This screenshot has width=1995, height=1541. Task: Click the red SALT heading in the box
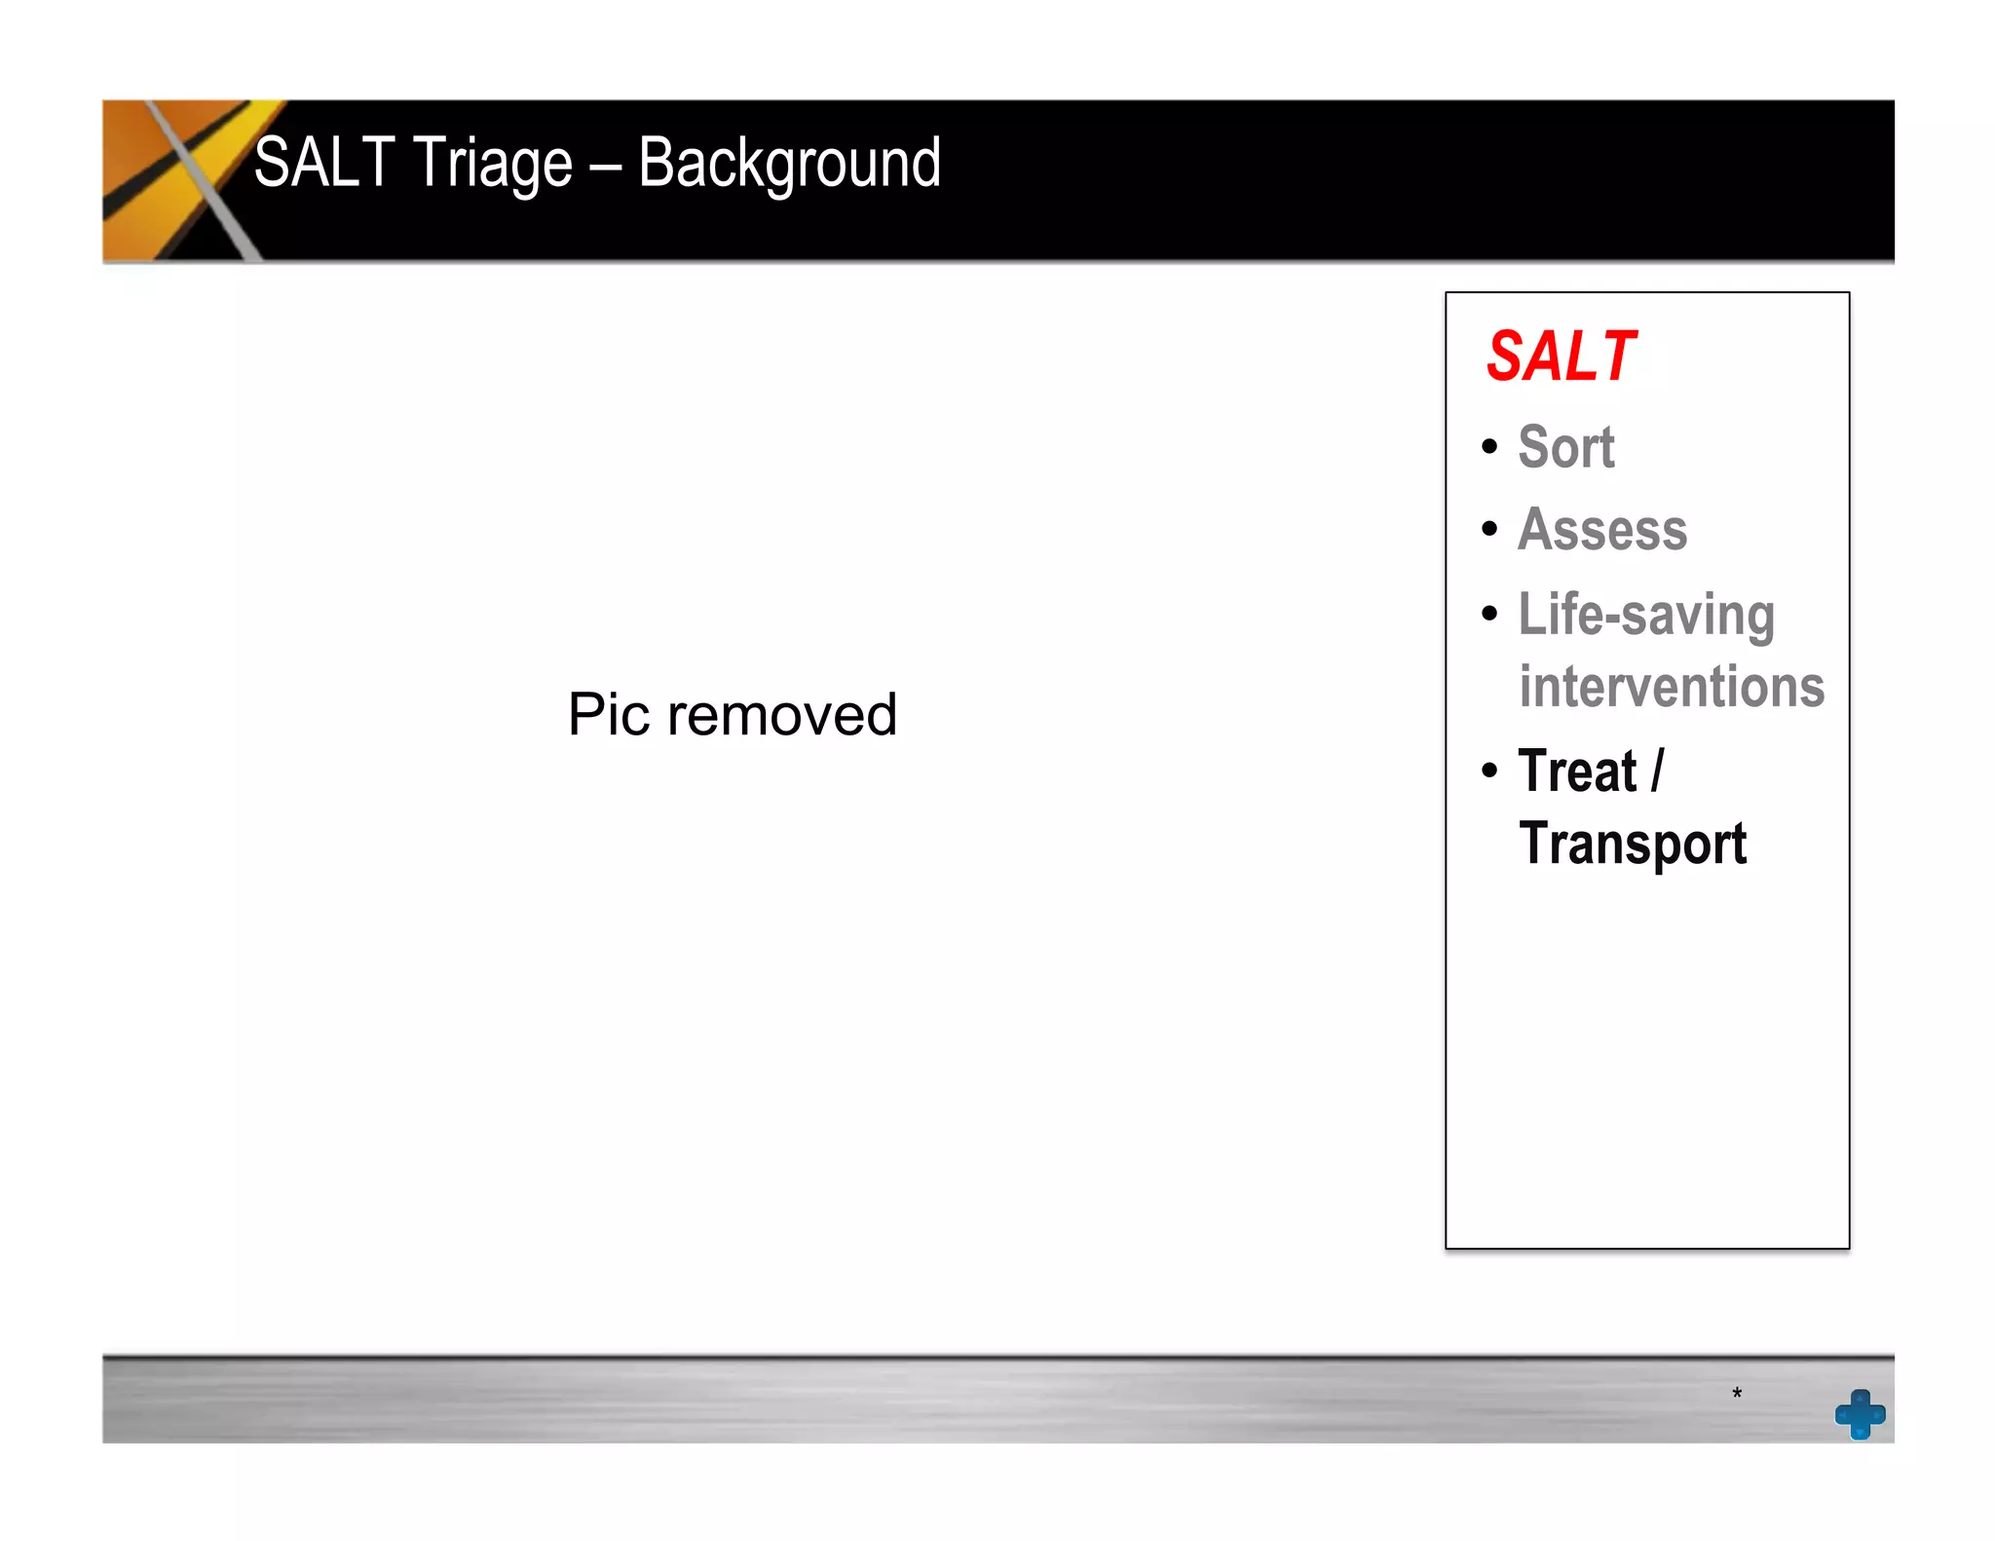click(1561, 357)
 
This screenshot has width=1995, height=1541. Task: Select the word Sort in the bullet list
click(1566, 447)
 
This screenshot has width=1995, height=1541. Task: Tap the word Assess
click(1602, 530)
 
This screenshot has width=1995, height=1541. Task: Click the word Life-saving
click(1646, 616)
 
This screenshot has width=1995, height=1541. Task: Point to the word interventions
click(1672, 687)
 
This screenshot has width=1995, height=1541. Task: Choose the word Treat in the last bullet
click(1577, 771)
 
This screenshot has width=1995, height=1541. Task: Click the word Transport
click(1633, 844)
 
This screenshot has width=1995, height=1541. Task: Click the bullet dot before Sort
click(1489, 447)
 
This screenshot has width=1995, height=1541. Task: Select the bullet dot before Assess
click(1489, 529)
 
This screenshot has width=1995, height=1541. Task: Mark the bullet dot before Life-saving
click(1489, 614)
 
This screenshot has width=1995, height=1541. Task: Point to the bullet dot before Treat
click(1489, 770)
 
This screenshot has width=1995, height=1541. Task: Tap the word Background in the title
click(789, 165)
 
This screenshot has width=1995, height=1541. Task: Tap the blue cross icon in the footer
click(1860, 1414)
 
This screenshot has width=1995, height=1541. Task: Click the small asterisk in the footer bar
click(1737, 1394)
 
